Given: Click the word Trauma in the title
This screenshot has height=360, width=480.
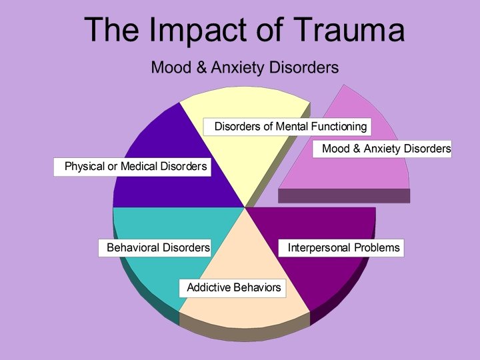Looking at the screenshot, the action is [338, 30].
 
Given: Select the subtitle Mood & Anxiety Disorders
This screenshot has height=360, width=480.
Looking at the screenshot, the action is [245, 67].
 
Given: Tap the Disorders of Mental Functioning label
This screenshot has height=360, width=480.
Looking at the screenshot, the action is [290, 127].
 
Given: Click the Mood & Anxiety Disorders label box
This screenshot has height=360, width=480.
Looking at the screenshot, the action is [386, 149].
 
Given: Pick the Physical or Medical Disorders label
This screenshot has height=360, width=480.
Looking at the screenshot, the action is [133, 166].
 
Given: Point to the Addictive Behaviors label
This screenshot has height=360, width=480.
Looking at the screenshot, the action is [233, 288].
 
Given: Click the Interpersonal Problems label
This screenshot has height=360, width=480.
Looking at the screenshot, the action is [343, 248].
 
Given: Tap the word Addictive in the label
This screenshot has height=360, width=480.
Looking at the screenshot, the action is [208, 288].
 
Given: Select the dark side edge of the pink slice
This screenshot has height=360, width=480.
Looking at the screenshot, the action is [343, 195].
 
